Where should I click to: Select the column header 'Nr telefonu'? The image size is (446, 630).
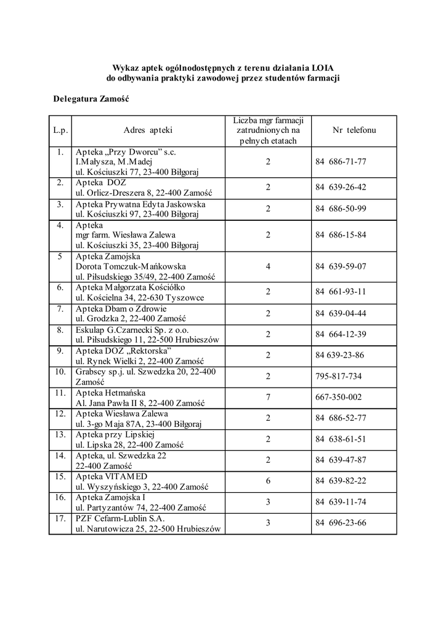pos(354,130)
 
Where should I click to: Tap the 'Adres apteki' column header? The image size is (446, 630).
pos(148,130)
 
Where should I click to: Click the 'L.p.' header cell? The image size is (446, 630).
pos(60,130)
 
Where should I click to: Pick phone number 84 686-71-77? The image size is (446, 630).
pos(341,162)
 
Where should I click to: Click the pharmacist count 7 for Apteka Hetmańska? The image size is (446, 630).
pos(268,397)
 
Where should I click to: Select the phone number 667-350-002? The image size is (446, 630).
pos(338,397)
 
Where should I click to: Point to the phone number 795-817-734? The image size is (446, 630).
pos(338,377)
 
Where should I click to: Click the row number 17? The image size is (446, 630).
pos(60,518)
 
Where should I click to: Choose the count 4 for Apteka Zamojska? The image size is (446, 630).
pos(268,266)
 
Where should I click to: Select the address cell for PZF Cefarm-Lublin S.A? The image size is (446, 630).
pos(147,523)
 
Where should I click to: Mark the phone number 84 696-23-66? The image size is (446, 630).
pos(341,523)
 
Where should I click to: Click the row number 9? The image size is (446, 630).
pos(60,351)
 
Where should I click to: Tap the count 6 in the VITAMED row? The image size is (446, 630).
pos(268,481)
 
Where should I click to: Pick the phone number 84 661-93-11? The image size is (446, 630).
pos(341,292)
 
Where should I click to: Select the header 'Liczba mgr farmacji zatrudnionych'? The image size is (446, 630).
pos(268,130)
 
